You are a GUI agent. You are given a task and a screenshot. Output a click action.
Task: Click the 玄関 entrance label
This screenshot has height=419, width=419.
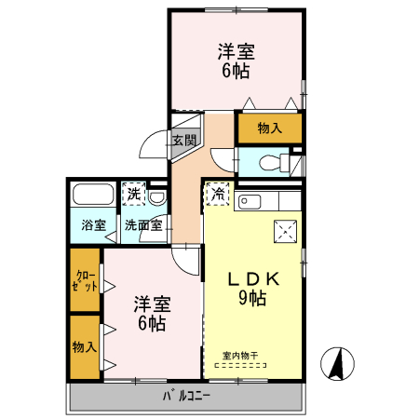coord(183,141)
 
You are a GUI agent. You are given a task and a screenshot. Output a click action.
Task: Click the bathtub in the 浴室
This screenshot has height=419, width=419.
coord(93,196)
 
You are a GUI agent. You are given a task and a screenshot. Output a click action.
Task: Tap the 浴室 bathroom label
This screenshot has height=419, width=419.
coord(92,224)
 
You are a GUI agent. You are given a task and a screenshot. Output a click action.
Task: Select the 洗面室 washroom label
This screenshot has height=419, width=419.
coord(144,224)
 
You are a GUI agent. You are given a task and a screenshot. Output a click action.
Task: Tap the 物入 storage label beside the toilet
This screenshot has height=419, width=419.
coord(269,128)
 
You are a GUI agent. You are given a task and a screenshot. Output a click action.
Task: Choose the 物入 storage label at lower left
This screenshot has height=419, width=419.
coord(84,346)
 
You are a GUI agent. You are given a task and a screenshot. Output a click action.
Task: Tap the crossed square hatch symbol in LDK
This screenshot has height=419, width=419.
coord(284,232)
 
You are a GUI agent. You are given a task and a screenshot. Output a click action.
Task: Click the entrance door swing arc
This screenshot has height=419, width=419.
coord(152,144)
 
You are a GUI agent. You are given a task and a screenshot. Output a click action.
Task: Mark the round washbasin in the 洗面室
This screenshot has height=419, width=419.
coord(158,197)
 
